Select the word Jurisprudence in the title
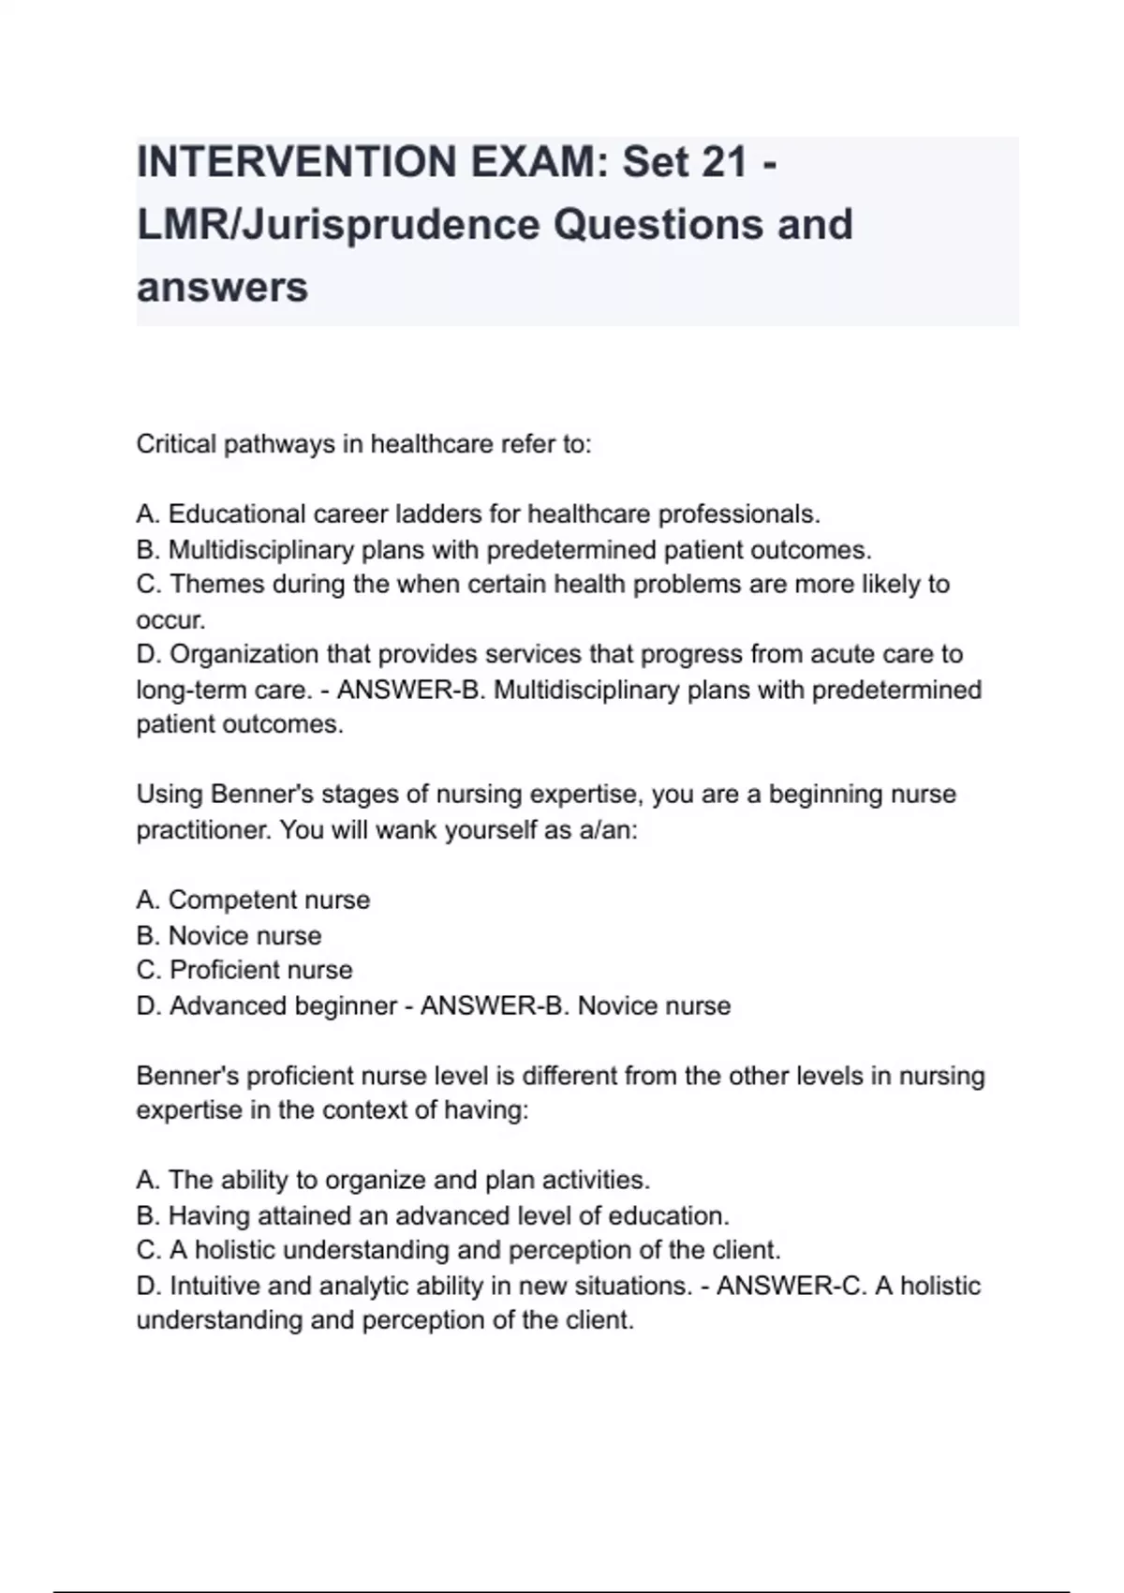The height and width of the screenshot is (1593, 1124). pos(391,225)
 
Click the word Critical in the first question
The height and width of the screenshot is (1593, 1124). pos(176,443)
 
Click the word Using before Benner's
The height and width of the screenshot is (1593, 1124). pos(170,795)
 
